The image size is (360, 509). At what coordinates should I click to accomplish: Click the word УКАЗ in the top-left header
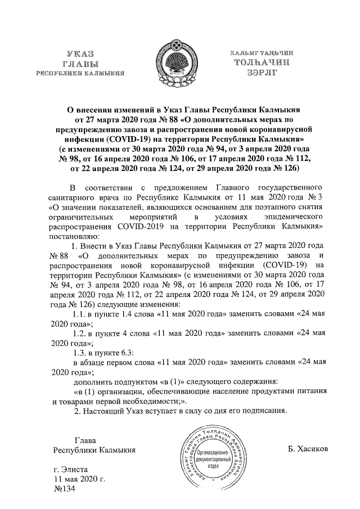point(79,53)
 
